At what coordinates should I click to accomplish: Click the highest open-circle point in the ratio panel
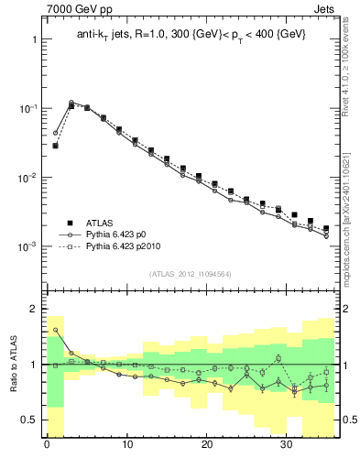pos(55,330)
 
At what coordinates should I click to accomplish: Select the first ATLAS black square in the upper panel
pos(55,145)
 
